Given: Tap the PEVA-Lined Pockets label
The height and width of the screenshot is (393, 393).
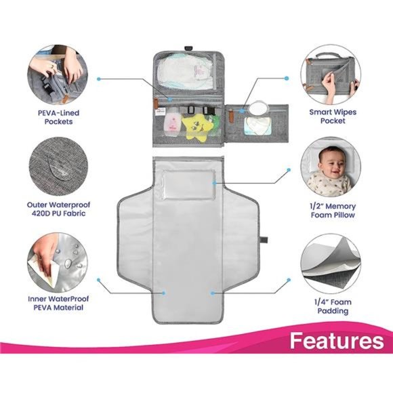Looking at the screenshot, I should coord(56,116).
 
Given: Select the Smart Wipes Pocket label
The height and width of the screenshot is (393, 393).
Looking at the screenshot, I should coord(336,116).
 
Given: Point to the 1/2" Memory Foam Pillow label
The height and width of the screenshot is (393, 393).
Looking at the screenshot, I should coord(336,209).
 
